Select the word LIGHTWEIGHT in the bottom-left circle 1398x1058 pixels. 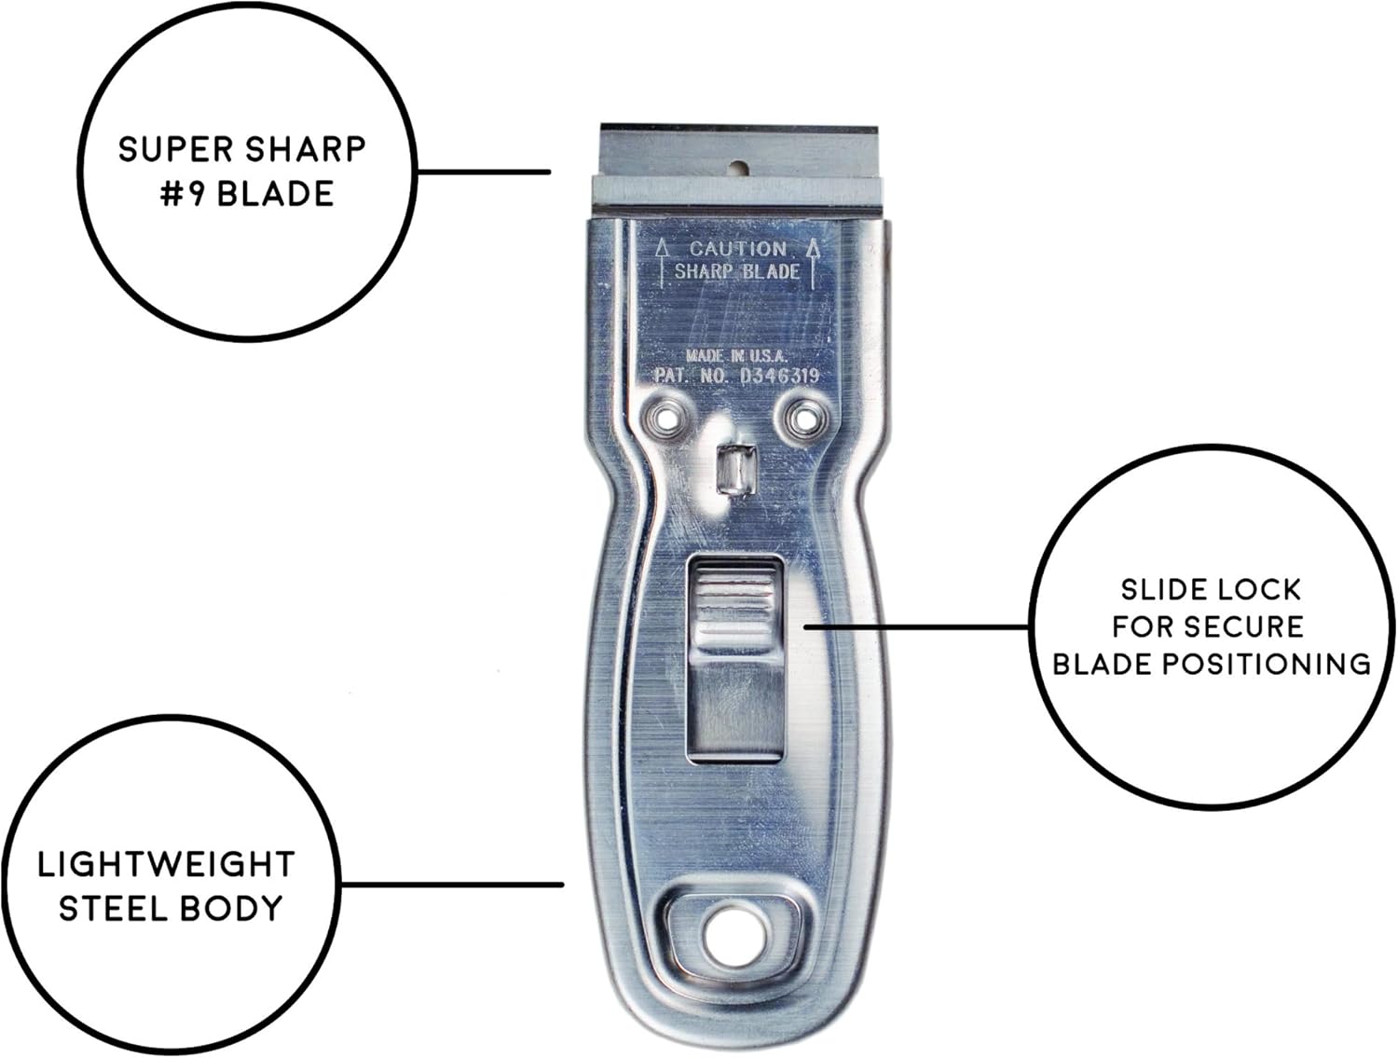click(166, 864)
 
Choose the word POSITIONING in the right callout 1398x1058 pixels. click(1264, 664)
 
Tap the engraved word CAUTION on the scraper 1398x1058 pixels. click(737, 249)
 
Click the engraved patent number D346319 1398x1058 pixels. click(778, 376)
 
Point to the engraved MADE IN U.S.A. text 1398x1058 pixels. click(736, 355)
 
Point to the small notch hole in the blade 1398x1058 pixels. click(738, 169)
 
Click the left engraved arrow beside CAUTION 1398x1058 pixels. click(662, 261)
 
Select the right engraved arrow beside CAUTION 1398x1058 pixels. click(813, 261)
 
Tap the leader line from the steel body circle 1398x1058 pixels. click(452, 885)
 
